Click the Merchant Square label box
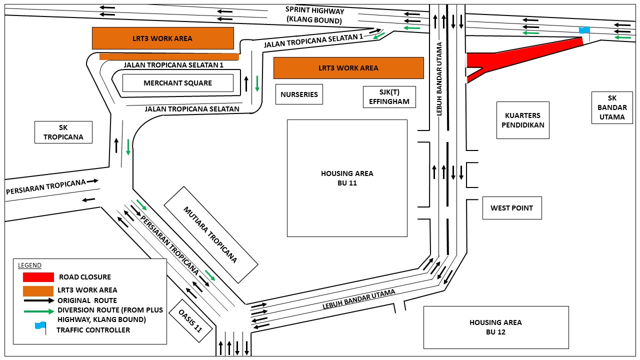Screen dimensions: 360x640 click(x=178, y=83)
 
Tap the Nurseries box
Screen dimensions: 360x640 click(x=299, y=94)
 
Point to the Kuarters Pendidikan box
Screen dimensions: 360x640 click(x=522, y=120)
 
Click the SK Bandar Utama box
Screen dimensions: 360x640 click(x=612, y=107)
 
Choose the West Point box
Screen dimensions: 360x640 click(x=511, y=208)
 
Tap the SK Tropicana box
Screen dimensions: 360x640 click(x=63, y=132)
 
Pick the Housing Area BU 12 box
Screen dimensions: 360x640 click(x=495, y=327)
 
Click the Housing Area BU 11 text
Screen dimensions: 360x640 click(x=347, y=178)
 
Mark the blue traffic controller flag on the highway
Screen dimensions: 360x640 click(x=584, y=30)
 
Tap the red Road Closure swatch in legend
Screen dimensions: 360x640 click(x=38, y=277)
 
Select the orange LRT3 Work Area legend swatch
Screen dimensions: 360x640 click(x=38, y=290)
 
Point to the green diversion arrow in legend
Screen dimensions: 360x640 click(x=39, y=311)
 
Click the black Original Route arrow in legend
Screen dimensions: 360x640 click(x=39, y=300)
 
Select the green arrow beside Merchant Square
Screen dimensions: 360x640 click(x=257, y=83)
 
